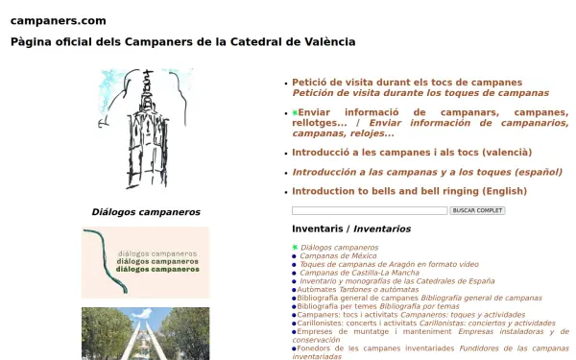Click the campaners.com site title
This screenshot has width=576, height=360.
click(x=58, y=20)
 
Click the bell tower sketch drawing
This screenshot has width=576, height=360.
click(x=145, y=129)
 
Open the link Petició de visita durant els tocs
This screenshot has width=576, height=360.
click(x=407, y=83)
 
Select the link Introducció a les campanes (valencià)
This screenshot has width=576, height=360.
click(x=411, y=152)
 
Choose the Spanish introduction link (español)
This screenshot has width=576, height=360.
click(x=426, y=172)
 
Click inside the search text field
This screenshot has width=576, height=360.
click(x=370, y=210)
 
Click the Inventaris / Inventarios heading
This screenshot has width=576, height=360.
click(x=350, y=229)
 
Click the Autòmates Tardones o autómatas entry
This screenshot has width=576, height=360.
click(x=357, y=289)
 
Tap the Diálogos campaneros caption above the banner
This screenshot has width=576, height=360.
click(x=146, y=212)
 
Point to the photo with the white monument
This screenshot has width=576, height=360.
click(x=145, y=333)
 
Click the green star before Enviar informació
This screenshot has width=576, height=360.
click(x=296, y=113)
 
